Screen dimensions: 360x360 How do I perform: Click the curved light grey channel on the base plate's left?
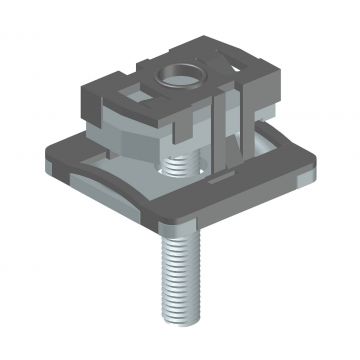point(95,180)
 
